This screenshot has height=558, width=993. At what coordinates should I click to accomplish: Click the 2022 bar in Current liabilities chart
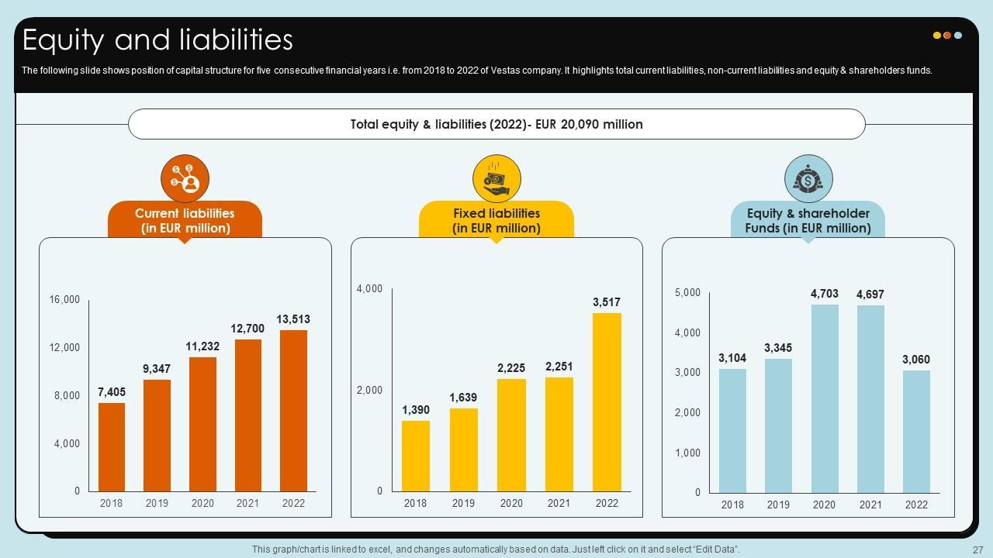(x=293, y=411)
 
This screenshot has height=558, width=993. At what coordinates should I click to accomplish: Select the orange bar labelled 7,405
(x=112, y=447)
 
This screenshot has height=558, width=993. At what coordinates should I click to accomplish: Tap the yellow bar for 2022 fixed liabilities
(x=607, y=402)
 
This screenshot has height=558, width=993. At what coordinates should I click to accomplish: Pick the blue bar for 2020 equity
(x=825, y=398)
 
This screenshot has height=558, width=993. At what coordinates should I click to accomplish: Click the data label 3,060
(x=916, y=360)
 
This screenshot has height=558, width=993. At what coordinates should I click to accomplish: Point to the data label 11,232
(x=202, y=346)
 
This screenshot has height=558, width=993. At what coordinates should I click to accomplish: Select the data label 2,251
(x=559, y=367)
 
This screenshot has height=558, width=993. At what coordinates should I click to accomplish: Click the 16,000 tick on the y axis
(x=65, y=300)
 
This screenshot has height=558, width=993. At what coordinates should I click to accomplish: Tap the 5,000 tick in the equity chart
(x=687, y=293)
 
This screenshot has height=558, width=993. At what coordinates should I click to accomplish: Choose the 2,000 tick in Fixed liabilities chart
(x=369, y=391)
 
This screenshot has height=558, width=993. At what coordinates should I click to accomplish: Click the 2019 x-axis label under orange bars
(x=157, y=503)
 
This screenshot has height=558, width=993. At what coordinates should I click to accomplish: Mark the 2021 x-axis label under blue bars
(x=870, y=505)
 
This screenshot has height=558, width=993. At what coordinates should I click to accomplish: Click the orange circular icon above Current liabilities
(x=185, y=179)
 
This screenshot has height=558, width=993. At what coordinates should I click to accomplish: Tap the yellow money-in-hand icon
(x=496, y=179)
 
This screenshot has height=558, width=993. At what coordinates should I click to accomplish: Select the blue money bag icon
(x=808, y=179)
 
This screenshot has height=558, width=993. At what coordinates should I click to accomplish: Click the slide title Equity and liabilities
(x=157, y=40)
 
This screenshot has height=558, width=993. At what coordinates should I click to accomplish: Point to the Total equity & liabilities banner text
(x=496, y=124)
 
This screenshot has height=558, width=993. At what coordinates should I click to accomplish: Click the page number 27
(x=977, y=549)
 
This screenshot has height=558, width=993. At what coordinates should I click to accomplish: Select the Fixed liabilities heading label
(x=496, y=220)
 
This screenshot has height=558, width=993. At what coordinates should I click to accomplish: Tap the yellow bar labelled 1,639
(x=463, y=449)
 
